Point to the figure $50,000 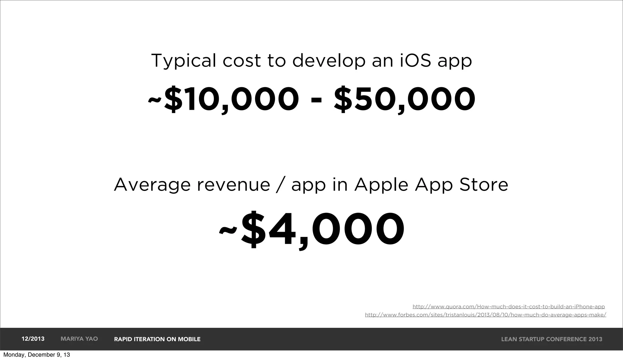(404, 99)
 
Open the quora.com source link (508, 306)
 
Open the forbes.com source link (485, 315)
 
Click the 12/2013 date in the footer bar (33, 339)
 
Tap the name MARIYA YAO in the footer (79, 339)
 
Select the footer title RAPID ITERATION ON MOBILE (157, 339)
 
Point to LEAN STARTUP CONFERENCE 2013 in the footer (552, 339)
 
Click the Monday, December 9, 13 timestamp (37, 355)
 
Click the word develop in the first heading (329, 61)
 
